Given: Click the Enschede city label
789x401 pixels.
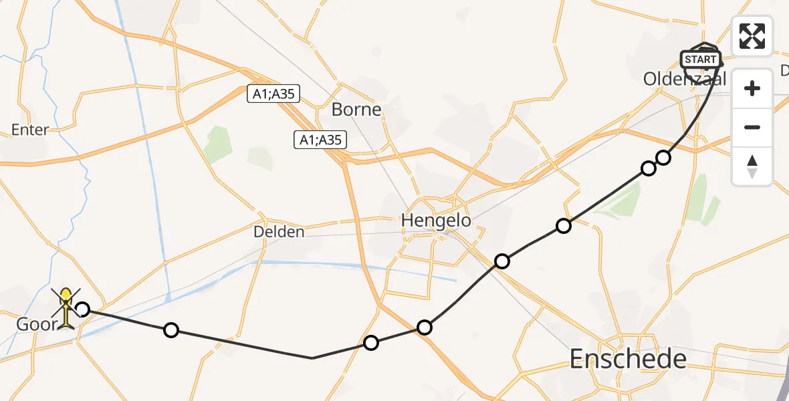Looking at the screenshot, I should [x=628, y=359].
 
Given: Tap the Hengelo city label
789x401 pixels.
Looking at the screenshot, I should [x=435, y=220].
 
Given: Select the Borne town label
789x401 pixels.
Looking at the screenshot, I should [x=356, y=110].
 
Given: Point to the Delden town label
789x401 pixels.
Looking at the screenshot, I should [x=279, y=232].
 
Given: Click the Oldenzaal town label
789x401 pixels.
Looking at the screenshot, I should [x=684, y=79].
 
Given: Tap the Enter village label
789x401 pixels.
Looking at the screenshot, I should [x=30, y=130].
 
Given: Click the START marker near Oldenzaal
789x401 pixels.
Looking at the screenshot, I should [x=700, y=59].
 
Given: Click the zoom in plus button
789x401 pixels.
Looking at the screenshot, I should [x=752, y=88].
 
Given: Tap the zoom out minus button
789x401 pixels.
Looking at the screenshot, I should [x=752, y=127].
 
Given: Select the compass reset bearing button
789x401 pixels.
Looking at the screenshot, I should [x=752, y=166].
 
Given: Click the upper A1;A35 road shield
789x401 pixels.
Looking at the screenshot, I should [x=273, y=94].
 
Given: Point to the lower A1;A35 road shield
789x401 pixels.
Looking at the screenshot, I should [x=320, y=140].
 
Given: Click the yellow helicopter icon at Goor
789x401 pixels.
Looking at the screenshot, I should [x=66, y=308].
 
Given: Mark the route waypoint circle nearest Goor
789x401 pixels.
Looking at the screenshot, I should [x=82, y=309].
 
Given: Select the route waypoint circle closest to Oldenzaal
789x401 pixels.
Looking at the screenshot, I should [x=663, y=158].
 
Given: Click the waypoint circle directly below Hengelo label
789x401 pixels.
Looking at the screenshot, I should [x=501, y=261].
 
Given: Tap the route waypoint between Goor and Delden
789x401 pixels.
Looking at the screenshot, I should [x=171, y=329].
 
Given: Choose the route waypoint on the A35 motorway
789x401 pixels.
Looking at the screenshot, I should [x=424, y=327].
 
